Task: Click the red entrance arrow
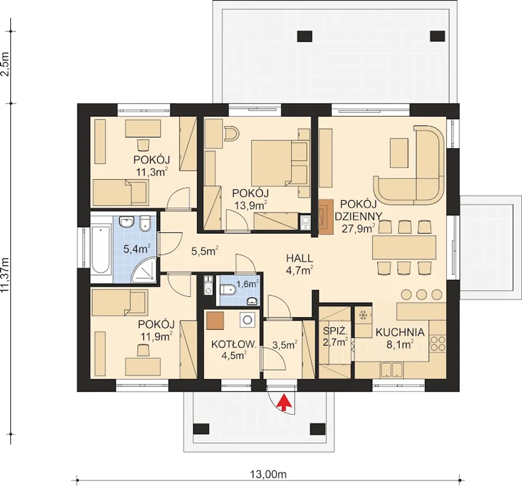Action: click(x=284, y=402)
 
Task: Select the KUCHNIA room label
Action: click(x=400, y=333)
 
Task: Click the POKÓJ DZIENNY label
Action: click(x=358, y=210)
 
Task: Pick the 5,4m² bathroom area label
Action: click(x=137, y=249)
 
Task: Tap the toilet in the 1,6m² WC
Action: click(x=228, y=290)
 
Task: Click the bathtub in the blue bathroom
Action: click(x=101, y=249)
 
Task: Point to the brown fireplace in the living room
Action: click(x=326, y=217)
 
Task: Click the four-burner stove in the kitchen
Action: click(x=438, y=344)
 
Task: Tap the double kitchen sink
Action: click(x=391, y=369)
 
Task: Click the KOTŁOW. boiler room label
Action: click(x=234, y=345)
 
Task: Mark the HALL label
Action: click(x=299, y=258)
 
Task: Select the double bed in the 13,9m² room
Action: click(x=279, y=163)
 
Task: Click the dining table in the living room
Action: click(x=404, y=247)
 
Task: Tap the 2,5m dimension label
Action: click(x=5, y=64)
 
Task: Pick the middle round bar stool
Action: click(x=421, y=294)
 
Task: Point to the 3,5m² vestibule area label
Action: click(x=285, y=345)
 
